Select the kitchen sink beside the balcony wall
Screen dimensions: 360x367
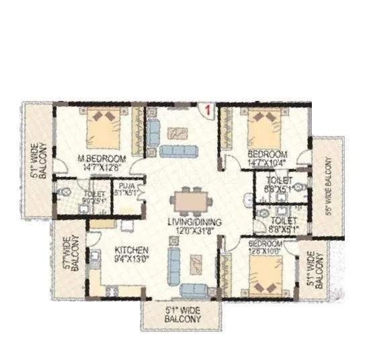[x=95, y=256]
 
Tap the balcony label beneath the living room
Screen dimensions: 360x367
[x=181, y=315]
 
